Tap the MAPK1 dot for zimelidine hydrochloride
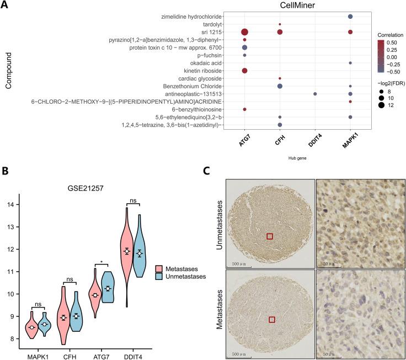click(350, 17)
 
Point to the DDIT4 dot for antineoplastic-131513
click(315, 94)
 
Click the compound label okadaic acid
click(222, 63)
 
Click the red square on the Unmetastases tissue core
click(270, 236)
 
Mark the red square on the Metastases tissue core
click(271, 319)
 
